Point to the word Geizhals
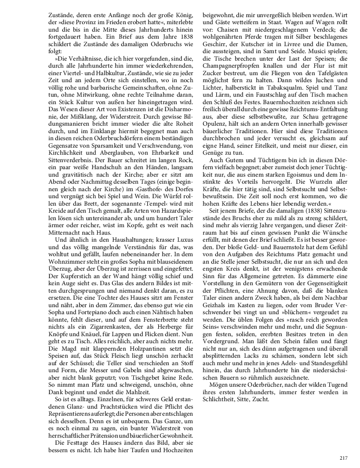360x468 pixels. pos(215,310)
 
